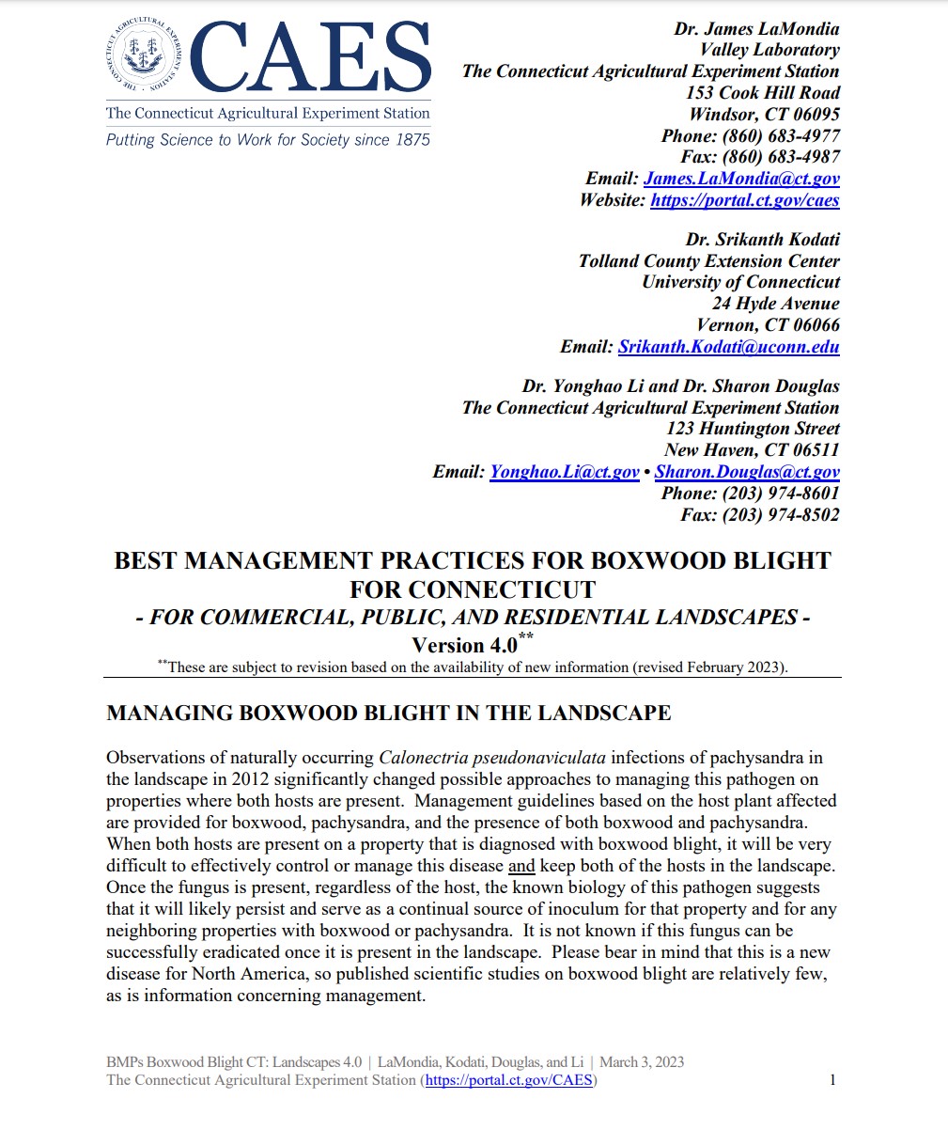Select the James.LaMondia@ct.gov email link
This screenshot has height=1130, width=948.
click(741, 179)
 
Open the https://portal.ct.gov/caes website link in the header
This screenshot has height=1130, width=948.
click(744, 200)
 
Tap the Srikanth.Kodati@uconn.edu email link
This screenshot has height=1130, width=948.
click(728, 347)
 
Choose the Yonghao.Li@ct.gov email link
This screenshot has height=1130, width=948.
click(564, 472)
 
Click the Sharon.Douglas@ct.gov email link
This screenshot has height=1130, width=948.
click(747, 472)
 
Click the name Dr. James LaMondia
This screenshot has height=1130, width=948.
click(756, 29)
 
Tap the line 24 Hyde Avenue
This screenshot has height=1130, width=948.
click(775, 304)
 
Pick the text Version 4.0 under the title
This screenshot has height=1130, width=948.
click(464, 646)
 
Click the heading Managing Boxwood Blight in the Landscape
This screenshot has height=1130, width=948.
click(388, 713)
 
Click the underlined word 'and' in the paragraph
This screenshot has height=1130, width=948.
click(521, 866)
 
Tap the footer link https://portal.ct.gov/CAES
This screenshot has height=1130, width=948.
click(509, 1080)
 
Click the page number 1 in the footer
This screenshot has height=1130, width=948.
click(832, 1080)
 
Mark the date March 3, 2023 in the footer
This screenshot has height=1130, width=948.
click(642, 1062)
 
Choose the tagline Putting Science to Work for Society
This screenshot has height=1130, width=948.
click(268, 140)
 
